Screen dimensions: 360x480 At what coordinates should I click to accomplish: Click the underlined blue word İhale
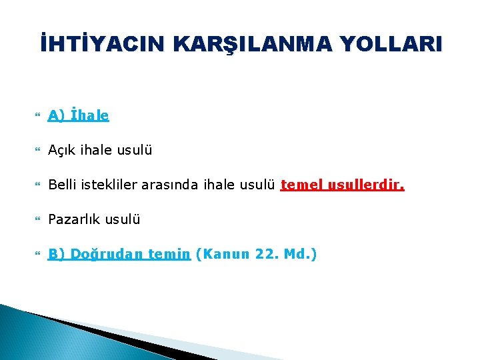[89, 115]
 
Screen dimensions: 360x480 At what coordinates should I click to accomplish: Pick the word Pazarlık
[71, 219]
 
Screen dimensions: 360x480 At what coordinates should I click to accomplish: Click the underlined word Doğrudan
[107, 254]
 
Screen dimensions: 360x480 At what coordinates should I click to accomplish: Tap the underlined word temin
[170, 254]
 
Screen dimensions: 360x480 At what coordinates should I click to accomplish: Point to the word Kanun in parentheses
[224, 254]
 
